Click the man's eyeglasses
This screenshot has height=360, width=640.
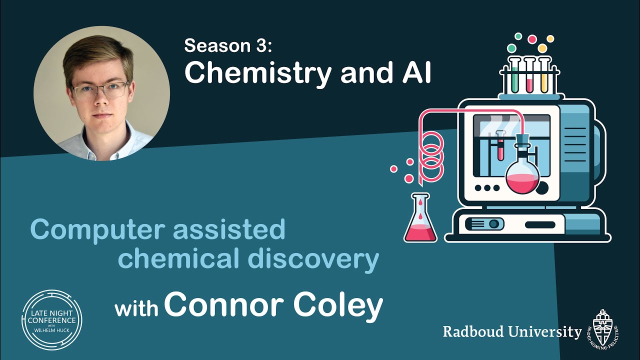(99, 90)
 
